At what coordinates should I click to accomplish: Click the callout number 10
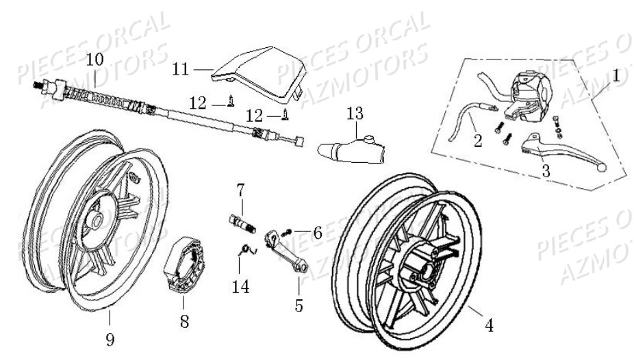tap(95, 60)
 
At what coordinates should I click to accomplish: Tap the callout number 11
tap(180, 69)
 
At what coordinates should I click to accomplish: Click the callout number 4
tap(488, 326)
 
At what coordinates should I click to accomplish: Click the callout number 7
tap(241, 188)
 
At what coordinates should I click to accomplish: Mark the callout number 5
tap(299, 305)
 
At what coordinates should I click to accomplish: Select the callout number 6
tap(317, 233)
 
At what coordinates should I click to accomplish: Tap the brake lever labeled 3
tap(550, 146)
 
